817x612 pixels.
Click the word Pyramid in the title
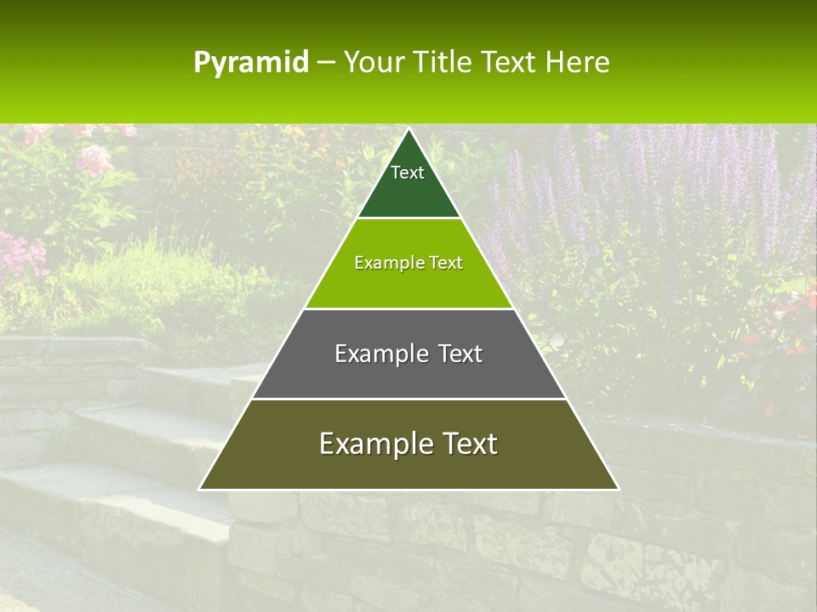(x=251, y=63)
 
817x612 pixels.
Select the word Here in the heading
(x=578, y=63)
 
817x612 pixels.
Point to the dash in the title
(x=326, y=64)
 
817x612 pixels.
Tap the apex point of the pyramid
(x=408, y=129)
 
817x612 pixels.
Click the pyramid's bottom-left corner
(x=200, y=489)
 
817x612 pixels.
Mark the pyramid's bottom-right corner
(x=618, y=489)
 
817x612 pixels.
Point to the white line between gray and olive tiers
(x=408, y=399)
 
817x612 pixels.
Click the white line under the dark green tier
(x=408, y=218)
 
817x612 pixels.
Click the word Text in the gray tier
(x=460, y=354)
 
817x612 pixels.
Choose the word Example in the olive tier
(x=373, y=444)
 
